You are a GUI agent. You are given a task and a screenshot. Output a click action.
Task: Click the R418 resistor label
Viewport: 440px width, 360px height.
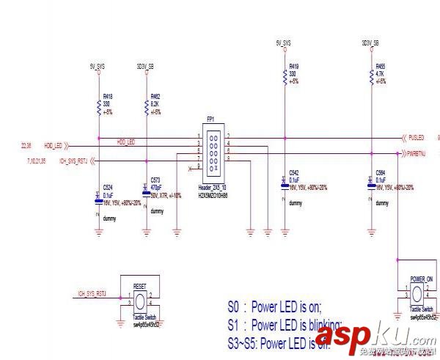pyautogui.click(x=108, y=96)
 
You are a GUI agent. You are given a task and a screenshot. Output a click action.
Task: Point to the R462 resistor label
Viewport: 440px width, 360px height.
pyautogui.click(x=155, y=96)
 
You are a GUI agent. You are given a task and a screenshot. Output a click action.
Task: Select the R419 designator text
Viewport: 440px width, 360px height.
pyautogui.click(x=295, y=66)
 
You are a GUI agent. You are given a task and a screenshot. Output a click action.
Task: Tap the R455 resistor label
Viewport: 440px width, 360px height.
pyautogui.click(x=381, y=66)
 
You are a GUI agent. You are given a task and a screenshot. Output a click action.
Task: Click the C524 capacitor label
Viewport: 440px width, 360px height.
pyautogui.click(x=108, y=187)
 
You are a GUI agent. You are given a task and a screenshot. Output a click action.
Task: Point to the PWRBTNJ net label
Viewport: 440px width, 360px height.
pyautogui.click(x=418, y=153)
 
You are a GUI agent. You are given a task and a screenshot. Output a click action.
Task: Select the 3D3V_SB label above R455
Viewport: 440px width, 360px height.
pyautogui.click(x=370, y=44)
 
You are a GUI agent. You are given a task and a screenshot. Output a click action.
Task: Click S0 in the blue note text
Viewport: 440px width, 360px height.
pyautogui.click(x=234, y=308)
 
